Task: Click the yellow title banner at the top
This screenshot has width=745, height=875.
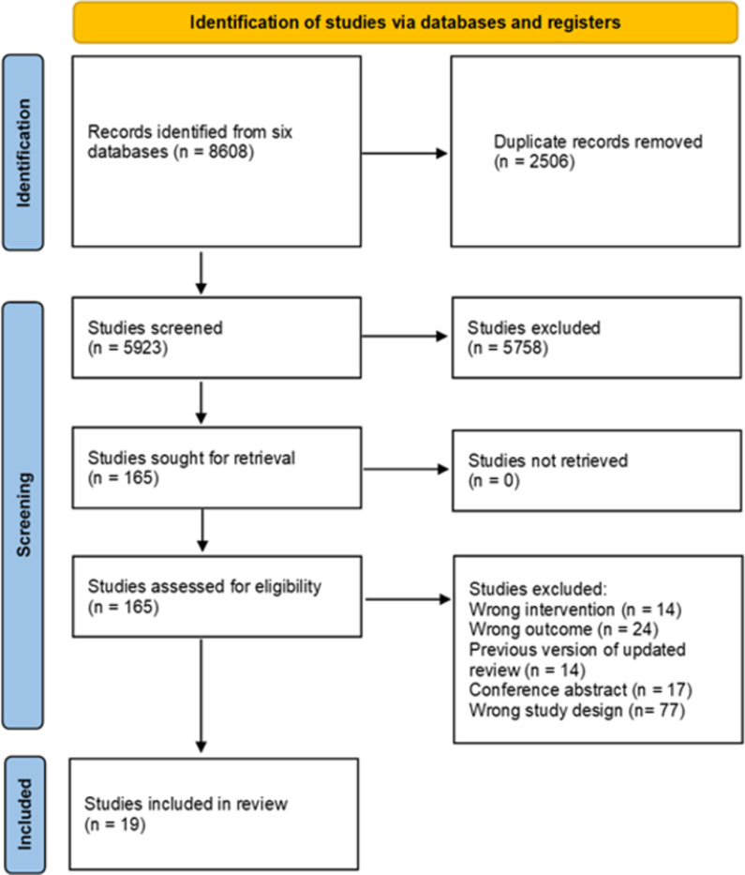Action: point(406,23)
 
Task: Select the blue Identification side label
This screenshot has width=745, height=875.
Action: point(22,152)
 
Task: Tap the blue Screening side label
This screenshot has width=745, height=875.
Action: point(22,515)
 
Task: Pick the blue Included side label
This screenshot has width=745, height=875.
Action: point(24,815)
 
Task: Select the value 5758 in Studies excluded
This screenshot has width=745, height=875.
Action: point(523,348)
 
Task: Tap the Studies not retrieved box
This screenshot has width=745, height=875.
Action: point(597,471)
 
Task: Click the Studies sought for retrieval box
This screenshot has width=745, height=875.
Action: point(216,468)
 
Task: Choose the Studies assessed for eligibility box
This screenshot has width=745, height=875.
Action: point(216,596)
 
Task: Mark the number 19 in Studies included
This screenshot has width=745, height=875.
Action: point(130,824)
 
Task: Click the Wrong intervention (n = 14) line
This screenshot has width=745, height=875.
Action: point(575,610)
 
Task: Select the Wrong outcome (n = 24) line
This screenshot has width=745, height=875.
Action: point(563,629)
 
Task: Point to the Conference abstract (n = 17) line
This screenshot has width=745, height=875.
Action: point(580,690)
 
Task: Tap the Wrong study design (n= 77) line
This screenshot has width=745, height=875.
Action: point(576,710)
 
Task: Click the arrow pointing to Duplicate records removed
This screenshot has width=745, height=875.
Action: point(405,154)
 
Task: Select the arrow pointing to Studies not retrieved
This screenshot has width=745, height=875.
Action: point(406,469)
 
